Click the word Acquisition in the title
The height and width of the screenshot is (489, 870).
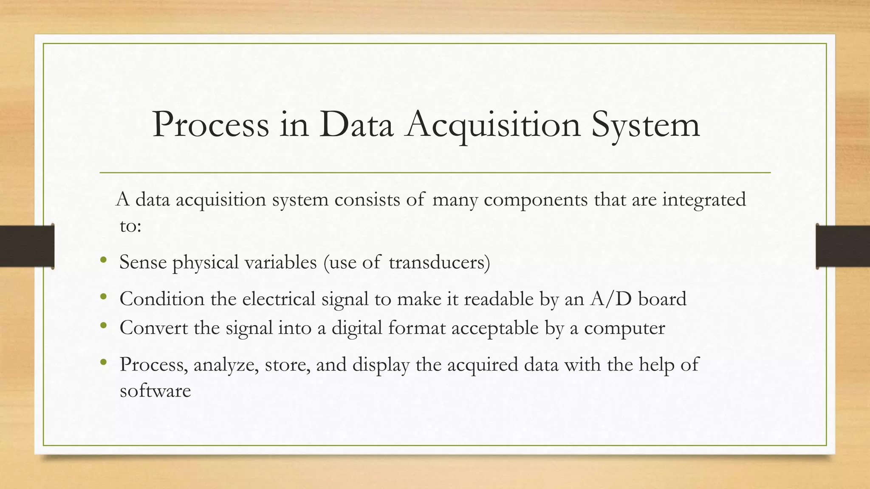493,125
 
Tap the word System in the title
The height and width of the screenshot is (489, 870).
645,125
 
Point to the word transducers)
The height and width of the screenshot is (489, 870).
439,262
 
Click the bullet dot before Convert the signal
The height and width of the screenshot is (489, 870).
103,326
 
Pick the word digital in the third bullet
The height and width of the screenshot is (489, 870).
357,328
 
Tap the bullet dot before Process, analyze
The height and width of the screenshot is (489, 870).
103,362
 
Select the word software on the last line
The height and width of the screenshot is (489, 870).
155,391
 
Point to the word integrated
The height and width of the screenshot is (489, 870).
704,200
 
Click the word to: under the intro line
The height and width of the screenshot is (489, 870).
130,226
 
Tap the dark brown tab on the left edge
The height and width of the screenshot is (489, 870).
27,246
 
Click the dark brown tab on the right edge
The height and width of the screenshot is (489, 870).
843,246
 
